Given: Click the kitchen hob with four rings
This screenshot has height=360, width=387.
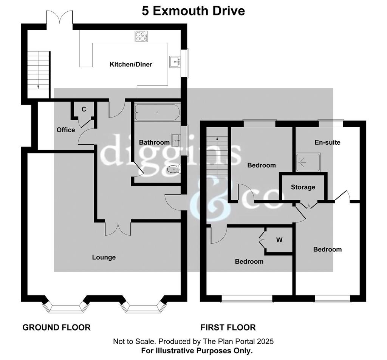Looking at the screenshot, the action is pos(141,36).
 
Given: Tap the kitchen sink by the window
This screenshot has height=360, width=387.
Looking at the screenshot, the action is pos(175,62).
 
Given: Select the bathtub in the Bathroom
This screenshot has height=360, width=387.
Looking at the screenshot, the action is pos(158,113).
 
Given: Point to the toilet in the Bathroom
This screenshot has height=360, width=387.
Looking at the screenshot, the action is pos(174,169).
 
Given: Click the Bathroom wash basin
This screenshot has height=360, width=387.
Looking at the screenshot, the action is pos(176,140).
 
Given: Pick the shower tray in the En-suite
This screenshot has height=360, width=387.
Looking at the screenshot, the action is pos(308,162).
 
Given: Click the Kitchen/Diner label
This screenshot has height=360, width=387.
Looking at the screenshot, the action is pos(131,64).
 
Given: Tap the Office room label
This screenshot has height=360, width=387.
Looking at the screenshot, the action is pos(66,130).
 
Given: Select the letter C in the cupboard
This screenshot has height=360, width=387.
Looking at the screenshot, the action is pos(84,109).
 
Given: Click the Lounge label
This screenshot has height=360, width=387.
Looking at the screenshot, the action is pos(104,257).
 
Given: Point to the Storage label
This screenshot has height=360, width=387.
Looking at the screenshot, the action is pos(303,187).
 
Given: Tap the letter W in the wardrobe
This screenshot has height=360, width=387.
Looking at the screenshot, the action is pos(279,239).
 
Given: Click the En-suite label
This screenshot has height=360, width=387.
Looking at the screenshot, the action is pos(327,142).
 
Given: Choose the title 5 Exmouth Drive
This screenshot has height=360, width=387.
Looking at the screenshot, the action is pos(193,11).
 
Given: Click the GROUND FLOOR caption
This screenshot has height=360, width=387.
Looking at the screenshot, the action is pos(57,328).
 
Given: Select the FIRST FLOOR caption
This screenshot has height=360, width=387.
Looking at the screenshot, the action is pos(228,328).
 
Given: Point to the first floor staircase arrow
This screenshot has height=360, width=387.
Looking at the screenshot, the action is pos(217,158).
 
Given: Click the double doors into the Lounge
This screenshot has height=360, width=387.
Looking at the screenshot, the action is pos(118,229).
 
